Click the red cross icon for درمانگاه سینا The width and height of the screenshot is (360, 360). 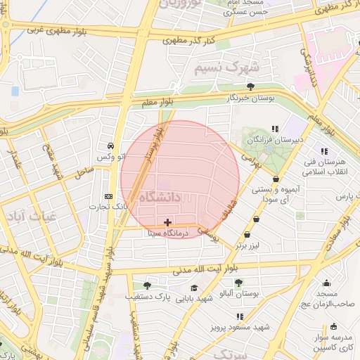pyautogui.click(x=167, y=222)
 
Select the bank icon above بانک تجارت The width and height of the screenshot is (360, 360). pyautogui.click(x=108, y=196)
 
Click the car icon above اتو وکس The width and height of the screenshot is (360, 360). pyautogui.click(x=111, y=145)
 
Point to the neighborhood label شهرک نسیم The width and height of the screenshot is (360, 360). pyautogui.click(x=223, y=68)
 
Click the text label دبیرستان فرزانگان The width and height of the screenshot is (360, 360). pyautogui.click(x=278, y=140)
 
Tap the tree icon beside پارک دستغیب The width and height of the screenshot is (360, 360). pyautogui.click(x=146, y=285)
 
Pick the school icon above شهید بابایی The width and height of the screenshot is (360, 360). pyautogui.click(x=194, y=288)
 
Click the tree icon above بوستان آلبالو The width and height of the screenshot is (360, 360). pyautogui.click(x=238, y=282)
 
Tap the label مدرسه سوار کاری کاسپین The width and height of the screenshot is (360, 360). pyautogui.click(x=333, y=343)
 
